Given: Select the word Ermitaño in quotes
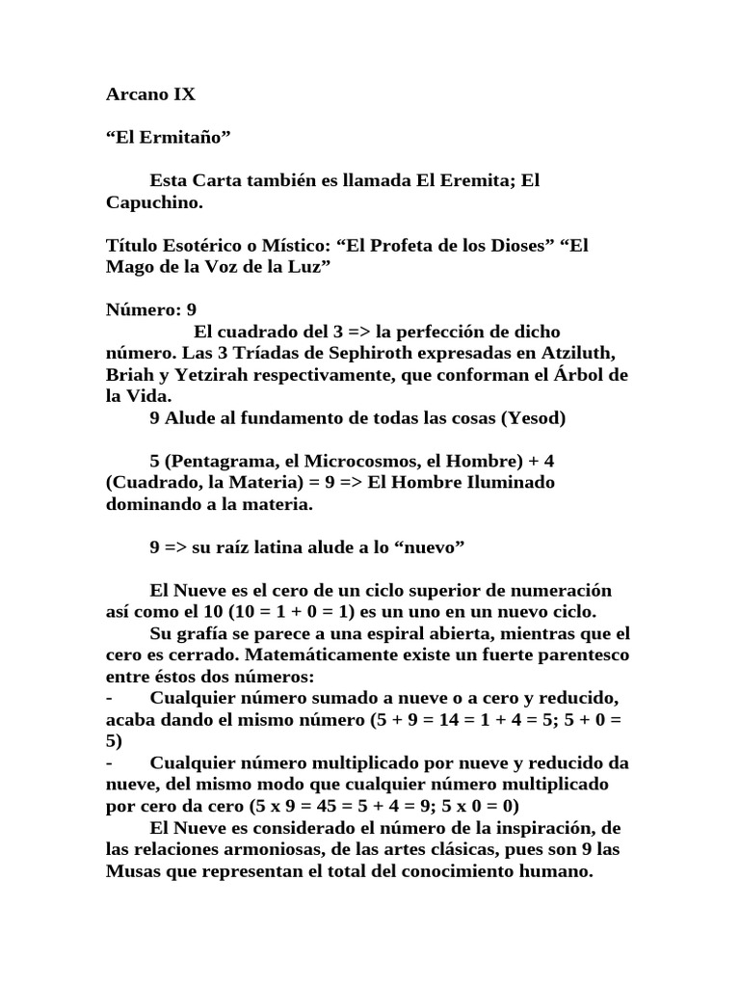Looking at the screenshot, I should coord(188,138).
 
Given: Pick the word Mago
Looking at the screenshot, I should coord(127,266).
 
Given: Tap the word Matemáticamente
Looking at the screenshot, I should coord(292,654).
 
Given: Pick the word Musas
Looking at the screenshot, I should coord(130,870).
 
